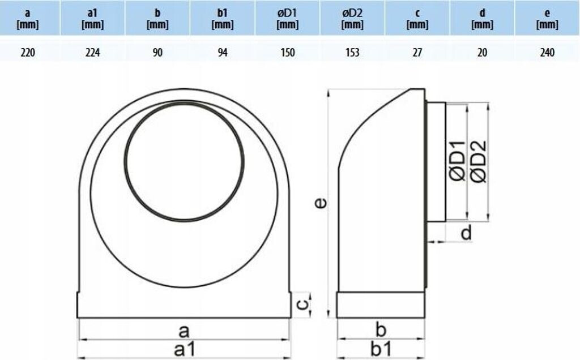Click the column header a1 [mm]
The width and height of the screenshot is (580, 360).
click(92, 19)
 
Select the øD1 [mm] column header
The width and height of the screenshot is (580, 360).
click(287, 19)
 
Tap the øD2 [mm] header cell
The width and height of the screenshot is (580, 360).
click(352, 19)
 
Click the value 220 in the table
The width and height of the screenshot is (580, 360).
click(28, 53)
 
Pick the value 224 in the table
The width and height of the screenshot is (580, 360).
click(92, 53)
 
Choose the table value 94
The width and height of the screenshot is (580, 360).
click(222, 53)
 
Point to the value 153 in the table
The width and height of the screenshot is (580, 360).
click(352, 53)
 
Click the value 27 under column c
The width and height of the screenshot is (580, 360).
click(417, 53)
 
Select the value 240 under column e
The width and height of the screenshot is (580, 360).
click(547, 53)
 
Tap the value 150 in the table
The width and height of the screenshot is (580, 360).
click(287, 53)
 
